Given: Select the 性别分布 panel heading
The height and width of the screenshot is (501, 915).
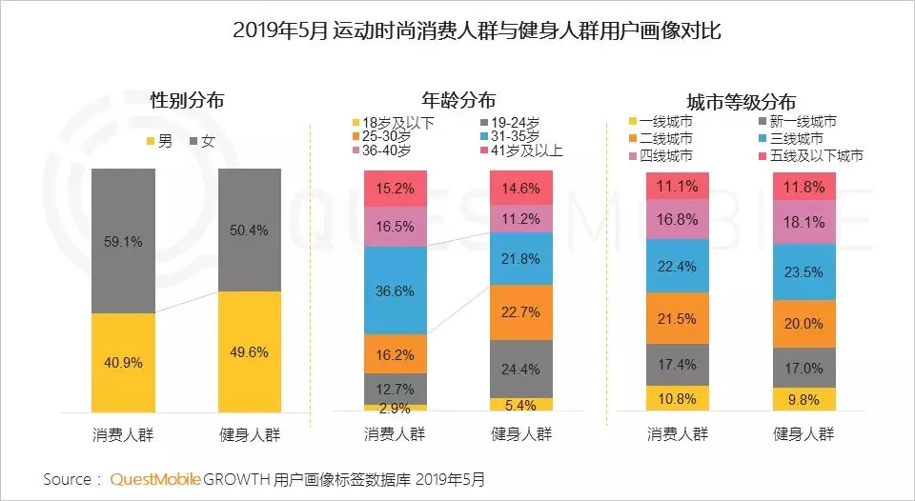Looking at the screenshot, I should [187, 100].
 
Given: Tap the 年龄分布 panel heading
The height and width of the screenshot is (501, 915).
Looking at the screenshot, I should [457, 100].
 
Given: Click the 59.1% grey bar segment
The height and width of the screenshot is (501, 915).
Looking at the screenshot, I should [124, 242].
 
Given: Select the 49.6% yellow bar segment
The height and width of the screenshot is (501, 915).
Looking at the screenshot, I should [250, 351].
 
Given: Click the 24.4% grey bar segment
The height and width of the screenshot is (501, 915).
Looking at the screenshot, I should [521, 369].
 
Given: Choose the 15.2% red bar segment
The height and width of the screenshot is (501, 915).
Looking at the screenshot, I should [396, 188].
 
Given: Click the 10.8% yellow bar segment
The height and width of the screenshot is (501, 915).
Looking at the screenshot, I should [678, 398].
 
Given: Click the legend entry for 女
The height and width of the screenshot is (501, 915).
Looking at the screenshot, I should [210, 141].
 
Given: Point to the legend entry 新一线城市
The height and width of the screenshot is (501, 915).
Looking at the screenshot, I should [800, 121].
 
